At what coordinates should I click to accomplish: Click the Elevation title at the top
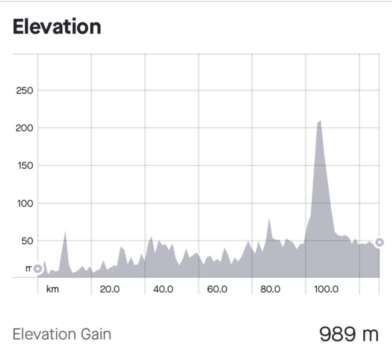click(57, 27)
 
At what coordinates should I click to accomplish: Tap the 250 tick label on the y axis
click(24, 91)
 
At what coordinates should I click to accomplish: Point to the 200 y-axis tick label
click(24, 128)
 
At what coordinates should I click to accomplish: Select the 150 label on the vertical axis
click(24, 166)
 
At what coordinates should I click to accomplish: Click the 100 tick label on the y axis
click(24, 204)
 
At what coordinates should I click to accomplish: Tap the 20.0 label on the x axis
click(110, 289)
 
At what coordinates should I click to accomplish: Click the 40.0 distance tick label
click(163, 289)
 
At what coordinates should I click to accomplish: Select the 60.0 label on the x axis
click(217, 289)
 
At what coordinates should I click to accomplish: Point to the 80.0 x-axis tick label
click(271, 289)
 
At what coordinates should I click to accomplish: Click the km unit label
click(52, 289)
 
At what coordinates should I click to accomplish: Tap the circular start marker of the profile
click(38, 269)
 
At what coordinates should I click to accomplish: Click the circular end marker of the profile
click(379, 242)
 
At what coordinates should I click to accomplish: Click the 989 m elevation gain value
click(348, 334)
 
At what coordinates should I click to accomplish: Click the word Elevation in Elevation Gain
click(45, 334)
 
